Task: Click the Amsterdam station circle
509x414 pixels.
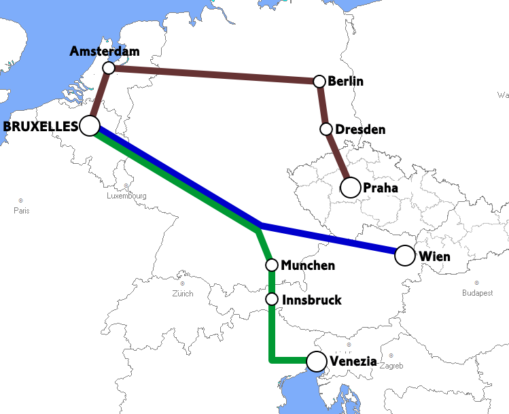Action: (x=108, y=68)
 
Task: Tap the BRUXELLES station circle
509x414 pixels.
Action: (x=90, y=125)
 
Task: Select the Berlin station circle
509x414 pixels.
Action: (x=319, y=82)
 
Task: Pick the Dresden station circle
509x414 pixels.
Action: (x=326, y=129)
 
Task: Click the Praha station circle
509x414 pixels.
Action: (x=350, y=187)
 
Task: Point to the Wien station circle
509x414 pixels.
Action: (x=404, y=256)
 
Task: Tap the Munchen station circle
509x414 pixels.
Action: (x=271, y=265)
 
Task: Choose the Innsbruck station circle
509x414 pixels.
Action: (x=271, y=299)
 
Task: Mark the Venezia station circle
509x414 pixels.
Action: (x=317, y=362)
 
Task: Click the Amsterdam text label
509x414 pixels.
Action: (x=105, y=52)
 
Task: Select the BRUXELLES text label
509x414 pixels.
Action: (x=40, y=126)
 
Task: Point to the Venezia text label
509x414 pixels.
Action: (x=353, y=362)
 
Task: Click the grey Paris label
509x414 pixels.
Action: (x=21, y=210)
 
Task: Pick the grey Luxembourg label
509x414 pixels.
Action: (x=126, y=196)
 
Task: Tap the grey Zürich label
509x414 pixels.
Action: (x=182, y=294)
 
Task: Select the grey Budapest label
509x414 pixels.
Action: (x=476, y=293)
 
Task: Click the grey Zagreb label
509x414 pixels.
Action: (x=391, y=366)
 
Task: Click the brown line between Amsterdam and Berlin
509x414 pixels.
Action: (x=214, y=75)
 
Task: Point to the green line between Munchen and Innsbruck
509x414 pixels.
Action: (x=271, y=282)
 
